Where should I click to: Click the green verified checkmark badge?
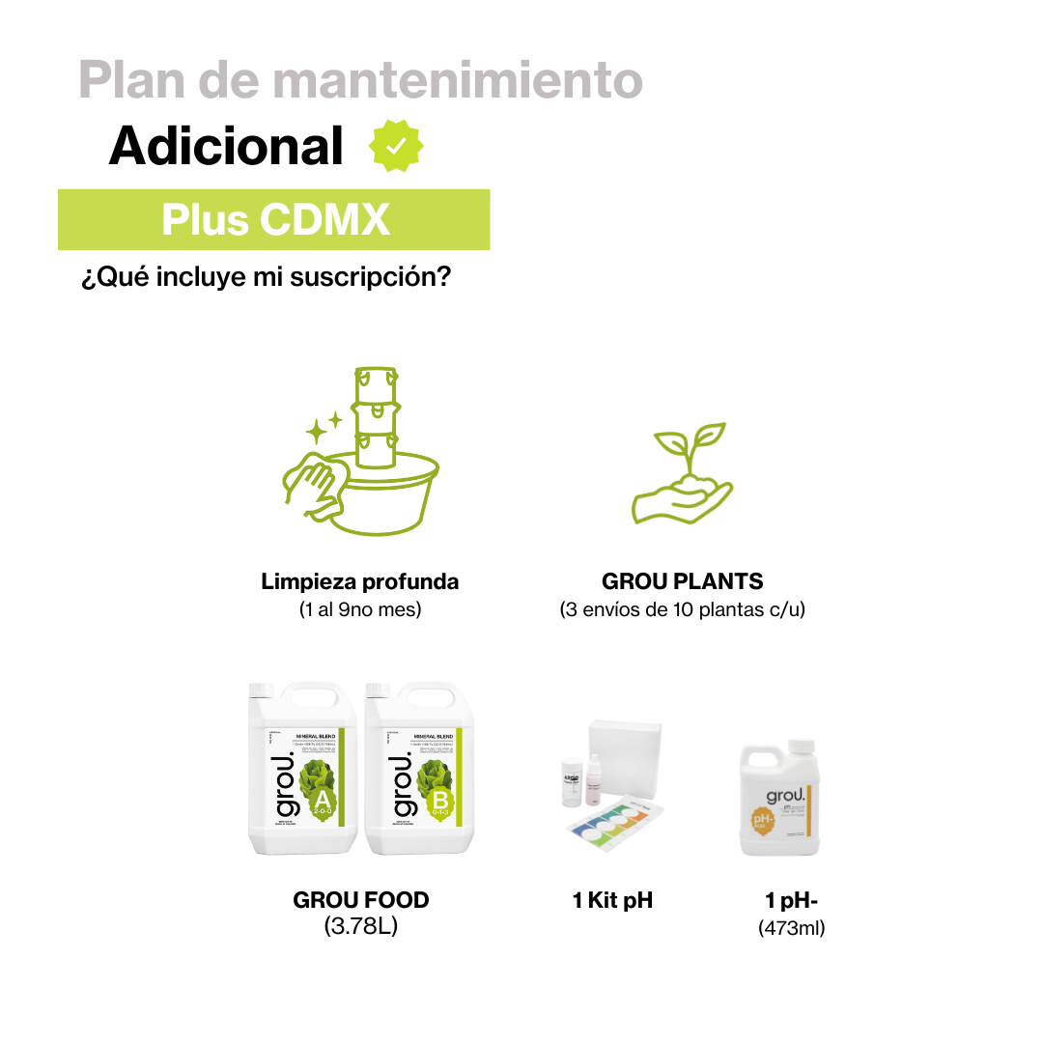[x=396, y=147]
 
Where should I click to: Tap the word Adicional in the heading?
[x=226, y=147]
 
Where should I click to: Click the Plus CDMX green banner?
[x=274, y=219]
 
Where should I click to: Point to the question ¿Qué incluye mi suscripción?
[x=266, y=278]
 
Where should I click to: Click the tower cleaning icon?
[x=361, y=450]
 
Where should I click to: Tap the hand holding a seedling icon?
[x=683, y=473]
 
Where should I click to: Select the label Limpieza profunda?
[x=360, y=582]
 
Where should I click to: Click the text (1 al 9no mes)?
[x=360, y=610]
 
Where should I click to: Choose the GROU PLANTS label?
[x=683, y=582]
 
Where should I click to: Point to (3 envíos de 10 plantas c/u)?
[x=683, y=610]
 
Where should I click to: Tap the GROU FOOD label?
[x=361, y=900]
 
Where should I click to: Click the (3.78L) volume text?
[x=361, y=927]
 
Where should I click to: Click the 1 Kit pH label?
[x=612, y=901]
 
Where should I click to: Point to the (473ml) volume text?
[x=792, y=929]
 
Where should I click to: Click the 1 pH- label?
[x=792, y=901]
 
